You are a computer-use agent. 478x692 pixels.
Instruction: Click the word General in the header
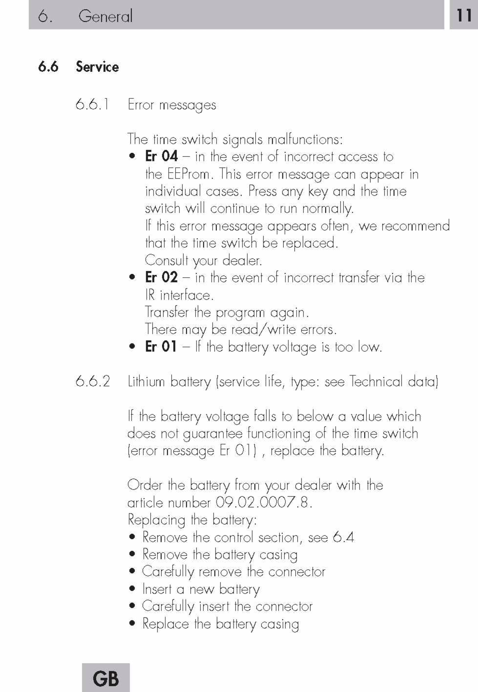[105, 16]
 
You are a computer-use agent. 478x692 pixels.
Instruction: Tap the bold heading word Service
[97, 67]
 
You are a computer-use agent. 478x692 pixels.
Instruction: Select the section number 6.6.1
[92, 105]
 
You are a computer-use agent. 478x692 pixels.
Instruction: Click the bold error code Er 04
[161, 156]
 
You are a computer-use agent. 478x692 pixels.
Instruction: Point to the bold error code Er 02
[161, 277]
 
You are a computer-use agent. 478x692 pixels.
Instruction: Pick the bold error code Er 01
[161, 347]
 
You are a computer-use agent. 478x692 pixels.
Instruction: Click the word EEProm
[189, 174]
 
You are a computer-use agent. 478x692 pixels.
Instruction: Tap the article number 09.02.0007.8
[263, 502]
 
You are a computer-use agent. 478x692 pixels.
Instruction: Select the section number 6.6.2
[93, 381]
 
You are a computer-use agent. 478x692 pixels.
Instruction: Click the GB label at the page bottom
[106, 679]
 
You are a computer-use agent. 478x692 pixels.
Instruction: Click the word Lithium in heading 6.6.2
[146, 381]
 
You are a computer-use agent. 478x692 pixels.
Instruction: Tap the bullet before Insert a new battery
[132, 589]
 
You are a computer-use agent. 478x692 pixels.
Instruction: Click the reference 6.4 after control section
[343, 537]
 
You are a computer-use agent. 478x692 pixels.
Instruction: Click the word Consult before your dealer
[166, 260]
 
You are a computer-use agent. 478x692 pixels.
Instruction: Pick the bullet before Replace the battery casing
[132, 623]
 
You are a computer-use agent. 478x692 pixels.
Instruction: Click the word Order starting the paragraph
[145, 485]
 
